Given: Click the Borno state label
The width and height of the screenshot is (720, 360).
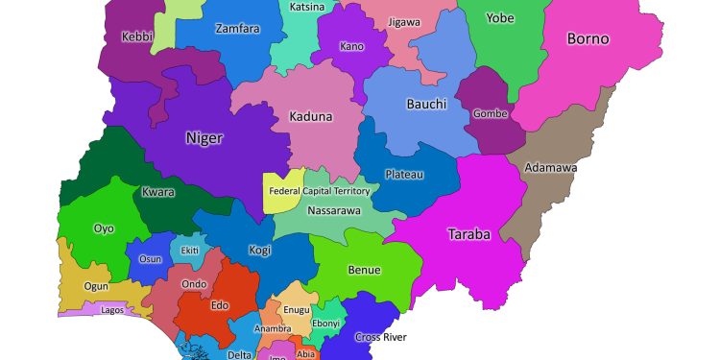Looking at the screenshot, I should [x=588, y=39].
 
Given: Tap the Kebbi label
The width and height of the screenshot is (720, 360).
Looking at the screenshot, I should [x=137, y=37].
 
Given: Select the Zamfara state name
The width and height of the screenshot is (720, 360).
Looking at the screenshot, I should [x=237, y=29].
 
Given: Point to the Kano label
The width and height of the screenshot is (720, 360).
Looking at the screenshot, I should [x=352, y=46].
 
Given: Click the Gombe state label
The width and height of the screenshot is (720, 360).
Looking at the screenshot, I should [x=491, y=113].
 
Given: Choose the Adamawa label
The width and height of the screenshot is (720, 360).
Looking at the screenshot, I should [x=551, y=168].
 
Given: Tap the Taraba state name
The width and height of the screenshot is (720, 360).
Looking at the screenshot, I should [x=469, y=233].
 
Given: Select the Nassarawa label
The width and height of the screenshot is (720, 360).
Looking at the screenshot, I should [x=333, y=209].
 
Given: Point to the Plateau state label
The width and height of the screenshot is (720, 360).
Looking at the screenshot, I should [x=403, y=175].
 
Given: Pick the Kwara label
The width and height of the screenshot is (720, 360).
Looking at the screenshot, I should [x=158, y=192].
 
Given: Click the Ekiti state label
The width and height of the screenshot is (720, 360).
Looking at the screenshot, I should [x=190, y=251].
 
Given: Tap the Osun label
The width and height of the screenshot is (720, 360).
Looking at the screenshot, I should [x=151, y=259].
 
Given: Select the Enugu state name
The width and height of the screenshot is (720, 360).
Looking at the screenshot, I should [x=297, y=310].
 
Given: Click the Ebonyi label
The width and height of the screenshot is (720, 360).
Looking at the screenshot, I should [x=325, y=324].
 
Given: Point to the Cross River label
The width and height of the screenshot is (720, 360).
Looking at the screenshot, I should [x=380, y=337].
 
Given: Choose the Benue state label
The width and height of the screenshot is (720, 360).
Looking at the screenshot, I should [x=364, y=271].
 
